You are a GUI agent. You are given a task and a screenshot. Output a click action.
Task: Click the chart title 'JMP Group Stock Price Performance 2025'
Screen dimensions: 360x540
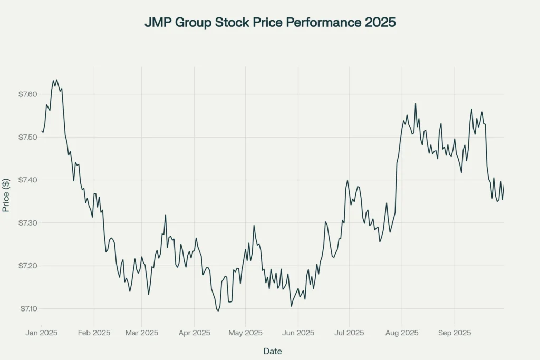(x=269, y=24)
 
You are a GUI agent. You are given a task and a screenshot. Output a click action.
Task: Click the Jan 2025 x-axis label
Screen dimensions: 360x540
(x=42, y=333)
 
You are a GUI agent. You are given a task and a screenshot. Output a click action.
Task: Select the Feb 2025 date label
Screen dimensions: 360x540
(x=94, y=333)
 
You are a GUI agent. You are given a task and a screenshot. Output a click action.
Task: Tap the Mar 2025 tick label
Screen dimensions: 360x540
(x=141, y=333)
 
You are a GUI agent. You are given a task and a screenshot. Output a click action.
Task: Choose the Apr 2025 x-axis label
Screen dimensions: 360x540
(x=194, y=333)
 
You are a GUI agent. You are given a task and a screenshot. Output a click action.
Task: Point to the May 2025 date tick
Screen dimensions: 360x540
(x=245, y=333)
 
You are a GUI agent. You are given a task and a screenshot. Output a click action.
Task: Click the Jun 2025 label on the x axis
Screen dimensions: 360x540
(x=298, y=333)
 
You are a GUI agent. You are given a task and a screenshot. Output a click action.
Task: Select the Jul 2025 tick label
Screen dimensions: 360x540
(x=349, y=333)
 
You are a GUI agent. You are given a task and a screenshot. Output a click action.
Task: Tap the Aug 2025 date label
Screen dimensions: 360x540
(x=402, y=333)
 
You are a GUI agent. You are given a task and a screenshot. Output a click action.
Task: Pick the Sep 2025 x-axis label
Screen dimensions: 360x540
(x=455, y=333)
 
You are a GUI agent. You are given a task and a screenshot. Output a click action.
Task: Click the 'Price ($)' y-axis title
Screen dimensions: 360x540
(x=6, y=195)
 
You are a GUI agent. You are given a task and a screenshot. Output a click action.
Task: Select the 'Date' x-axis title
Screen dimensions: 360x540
(x=273, y=351)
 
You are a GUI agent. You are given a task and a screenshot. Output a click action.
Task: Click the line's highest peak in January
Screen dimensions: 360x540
(x=53, y=80)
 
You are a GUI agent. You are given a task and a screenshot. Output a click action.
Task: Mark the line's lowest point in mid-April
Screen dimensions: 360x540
(x=218, y=311)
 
